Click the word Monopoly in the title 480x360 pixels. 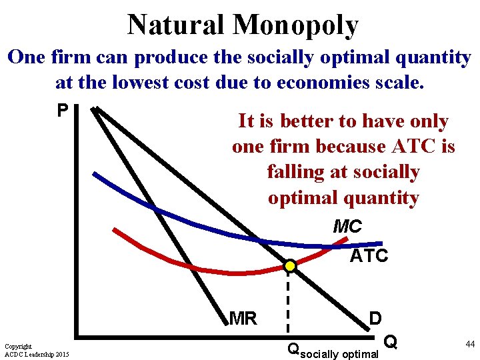pos(295,25)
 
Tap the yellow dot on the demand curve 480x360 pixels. pos(290,266)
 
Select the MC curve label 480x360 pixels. pos(347,227)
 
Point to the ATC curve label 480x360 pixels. pos(369,256)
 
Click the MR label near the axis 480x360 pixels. pos(243,319)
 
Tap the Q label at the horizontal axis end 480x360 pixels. pos(392,342)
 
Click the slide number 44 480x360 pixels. pos(470,344)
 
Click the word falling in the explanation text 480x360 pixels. pos(297,172)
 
